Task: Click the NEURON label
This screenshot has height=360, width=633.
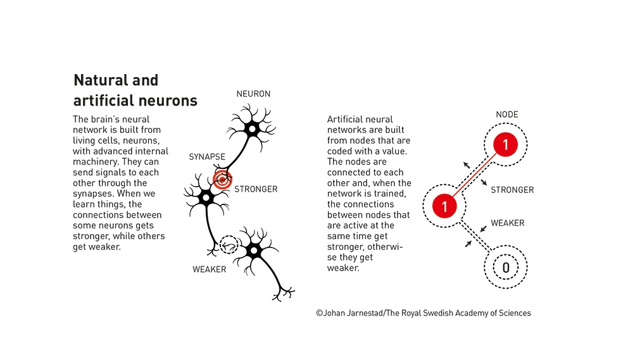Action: click(x=253, y=94)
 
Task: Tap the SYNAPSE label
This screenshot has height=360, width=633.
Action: click(x=207, y=156)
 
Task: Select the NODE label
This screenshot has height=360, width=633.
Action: click(x=507, y=115)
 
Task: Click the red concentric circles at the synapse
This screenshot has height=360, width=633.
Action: click(x=222, y=179)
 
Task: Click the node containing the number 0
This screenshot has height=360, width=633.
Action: click(x=505, y=268)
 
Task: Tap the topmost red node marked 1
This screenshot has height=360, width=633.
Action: click(x=505, y=146)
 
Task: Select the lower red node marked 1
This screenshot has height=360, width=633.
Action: click(x=444, y=206)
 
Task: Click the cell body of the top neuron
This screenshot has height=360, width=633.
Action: click(x=252, y=130)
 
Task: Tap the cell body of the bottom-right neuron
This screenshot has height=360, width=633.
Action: click(x=254, y=251)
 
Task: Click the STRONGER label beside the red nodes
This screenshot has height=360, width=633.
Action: click(x=512, y=190)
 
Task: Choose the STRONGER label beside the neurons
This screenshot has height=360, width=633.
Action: click(x=256, y=189)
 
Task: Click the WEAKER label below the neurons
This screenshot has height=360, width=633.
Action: click(x=209, y=270)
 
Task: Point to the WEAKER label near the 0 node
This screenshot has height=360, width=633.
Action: click(x=508, y=223)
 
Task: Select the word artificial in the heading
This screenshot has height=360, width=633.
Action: click(x=104, y=100)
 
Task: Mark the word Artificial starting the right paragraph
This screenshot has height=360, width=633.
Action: click(x=347, y=119)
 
